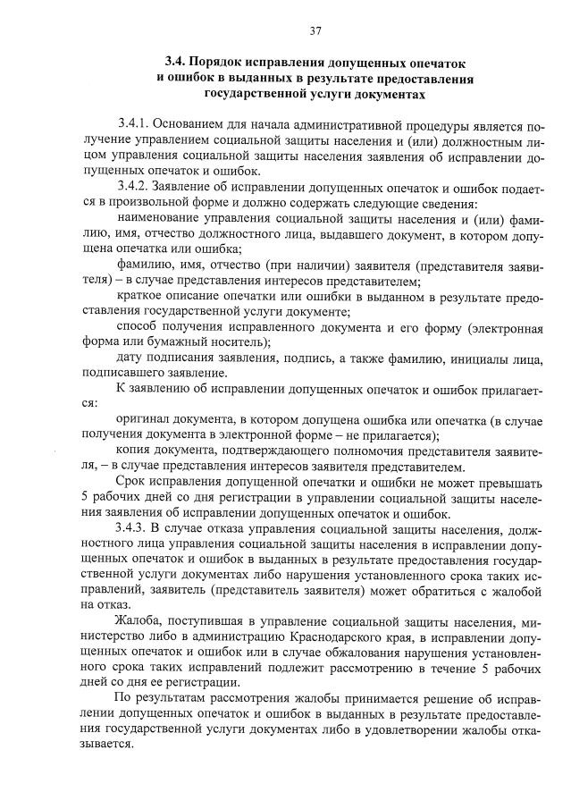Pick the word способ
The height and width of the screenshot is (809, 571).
click(138, 328)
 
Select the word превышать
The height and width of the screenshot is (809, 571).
click(511, 483)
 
